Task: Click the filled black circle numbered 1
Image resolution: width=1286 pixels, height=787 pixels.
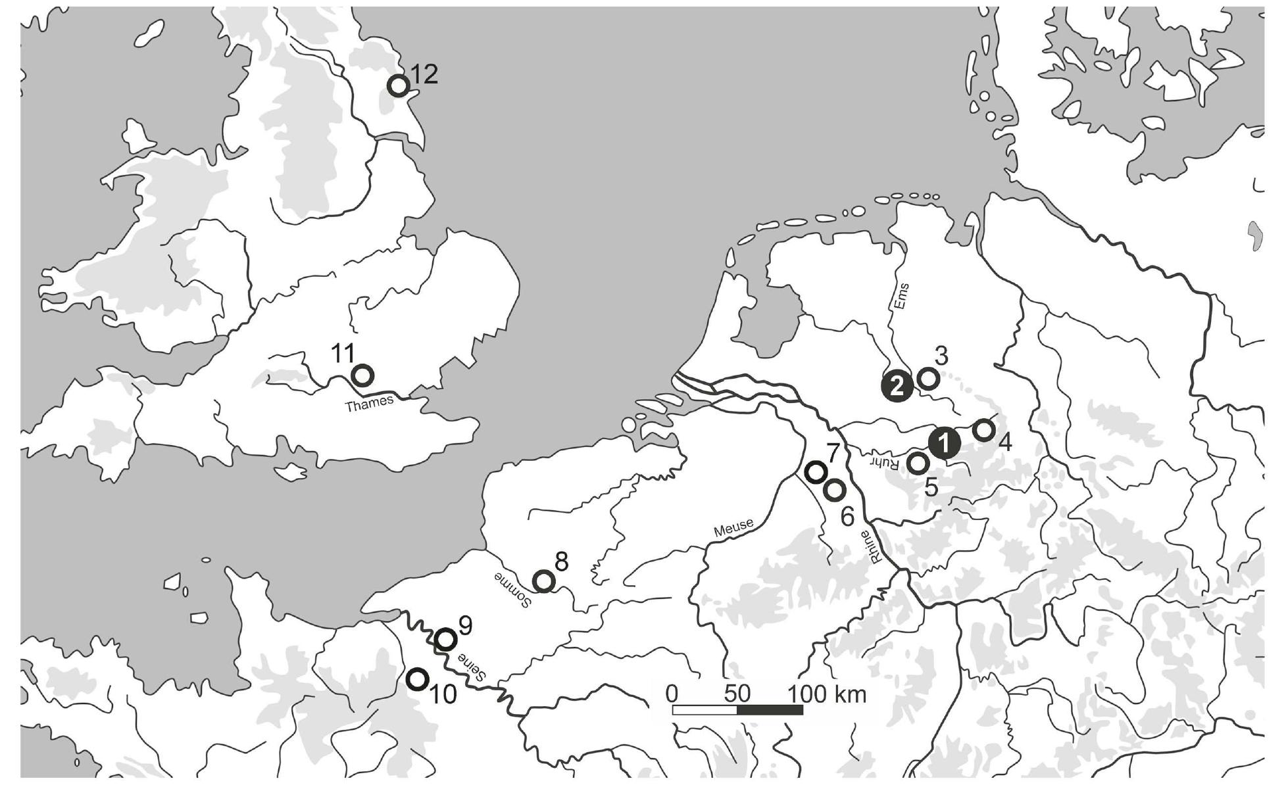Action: click(x=943, y=444)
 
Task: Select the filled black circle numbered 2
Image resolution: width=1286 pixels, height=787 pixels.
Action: click(x=897, y=385)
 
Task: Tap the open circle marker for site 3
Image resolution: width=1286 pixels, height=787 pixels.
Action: click(x=928, y=378)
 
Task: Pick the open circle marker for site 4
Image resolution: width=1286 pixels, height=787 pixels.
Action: click(x=983, y=430)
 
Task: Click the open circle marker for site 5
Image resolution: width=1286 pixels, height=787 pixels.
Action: click(x=918, y=463)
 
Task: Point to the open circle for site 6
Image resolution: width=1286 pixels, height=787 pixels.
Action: click(x=834, y=490)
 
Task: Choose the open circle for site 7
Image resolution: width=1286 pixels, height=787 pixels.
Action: click(x=816, y=471)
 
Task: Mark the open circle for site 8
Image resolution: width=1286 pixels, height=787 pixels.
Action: click(x=544, y=581)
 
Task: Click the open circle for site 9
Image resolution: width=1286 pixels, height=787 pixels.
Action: click(x=446, y=639)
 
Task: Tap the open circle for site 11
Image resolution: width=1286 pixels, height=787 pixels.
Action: click(x=362, y=375)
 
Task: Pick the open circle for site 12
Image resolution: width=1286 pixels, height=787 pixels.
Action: click(x=399, y=85)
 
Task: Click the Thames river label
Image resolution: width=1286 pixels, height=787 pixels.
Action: click(x=369, y=403)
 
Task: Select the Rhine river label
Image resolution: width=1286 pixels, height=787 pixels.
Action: click(x=870, y=546)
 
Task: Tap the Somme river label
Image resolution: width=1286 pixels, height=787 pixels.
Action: click(x=512, y=589)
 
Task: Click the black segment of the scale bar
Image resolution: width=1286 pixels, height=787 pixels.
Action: click(x=770, y=710)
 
